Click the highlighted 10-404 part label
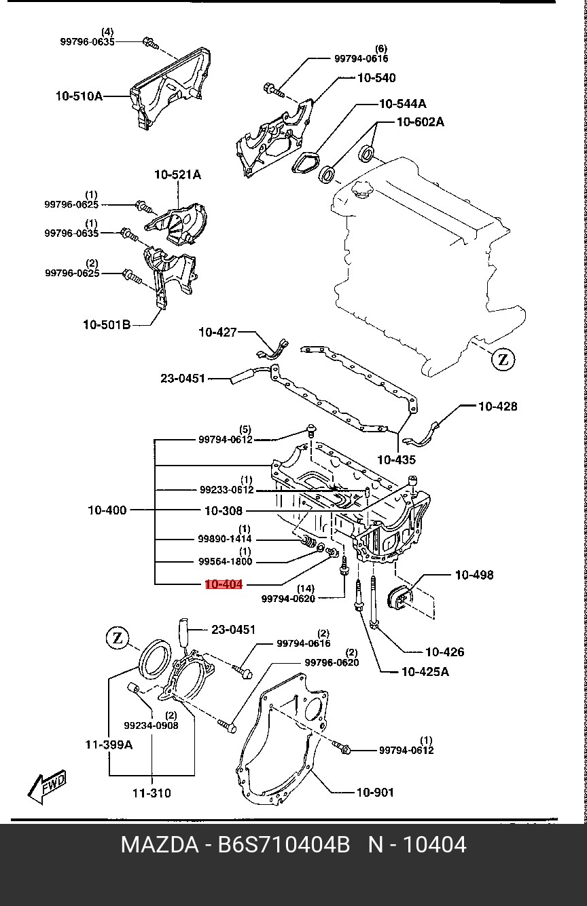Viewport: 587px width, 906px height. pyautogui.click(x=224, y=584)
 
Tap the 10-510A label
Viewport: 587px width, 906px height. pyautogui.click(x=79, y=96)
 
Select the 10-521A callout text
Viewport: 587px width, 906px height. pyautogui.click(x=177, y=174)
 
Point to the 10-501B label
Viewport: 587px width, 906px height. pyautogui.click(x=107, y=325)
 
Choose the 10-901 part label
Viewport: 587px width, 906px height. pyautogui.click(x=374, y=791)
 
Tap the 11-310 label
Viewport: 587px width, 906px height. pyautogui.click(x=152, y=793)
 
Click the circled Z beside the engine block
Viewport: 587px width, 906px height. pyautogui.click(x=503, y=359)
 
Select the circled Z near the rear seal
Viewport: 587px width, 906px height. pyautogui.click(x=118, y=638)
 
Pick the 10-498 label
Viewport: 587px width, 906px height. pyautogui.click(x=474, y=575)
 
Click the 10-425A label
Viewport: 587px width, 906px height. pyautogui.click(x=425, y=673)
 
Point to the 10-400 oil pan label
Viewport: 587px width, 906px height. pyautogui.click(x=107, y=510)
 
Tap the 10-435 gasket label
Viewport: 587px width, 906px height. pyautogui.click(x=396, y=459)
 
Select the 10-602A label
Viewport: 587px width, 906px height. pyautogui.click(x=421, y=122)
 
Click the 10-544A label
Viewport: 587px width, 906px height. pyautogui.click(x=403, y=104)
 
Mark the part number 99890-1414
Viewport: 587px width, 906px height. pyautogui.click(x=225, y=539)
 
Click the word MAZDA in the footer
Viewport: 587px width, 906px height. pyautogui.click(x=159, y=845)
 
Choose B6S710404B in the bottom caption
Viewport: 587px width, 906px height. pyautogui.click(x=283, y=845)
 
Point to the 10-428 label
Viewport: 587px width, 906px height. pyautogui.click(x=497, y=407)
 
